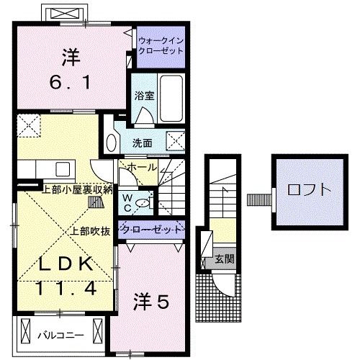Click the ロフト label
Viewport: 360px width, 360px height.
click(x=309, y=191)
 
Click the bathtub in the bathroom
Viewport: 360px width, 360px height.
click(x=171, y=94)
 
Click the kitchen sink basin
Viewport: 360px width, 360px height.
click(x=61, y=169)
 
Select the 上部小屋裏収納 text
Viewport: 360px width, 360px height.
click(x=78, y=190)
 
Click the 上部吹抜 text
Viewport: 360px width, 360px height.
click(x=90, y=231)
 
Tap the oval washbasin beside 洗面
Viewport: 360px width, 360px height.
click(x=111, y=140)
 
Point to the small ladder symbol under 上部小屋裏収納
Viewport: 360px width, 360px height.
click(x=94, y=202)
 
